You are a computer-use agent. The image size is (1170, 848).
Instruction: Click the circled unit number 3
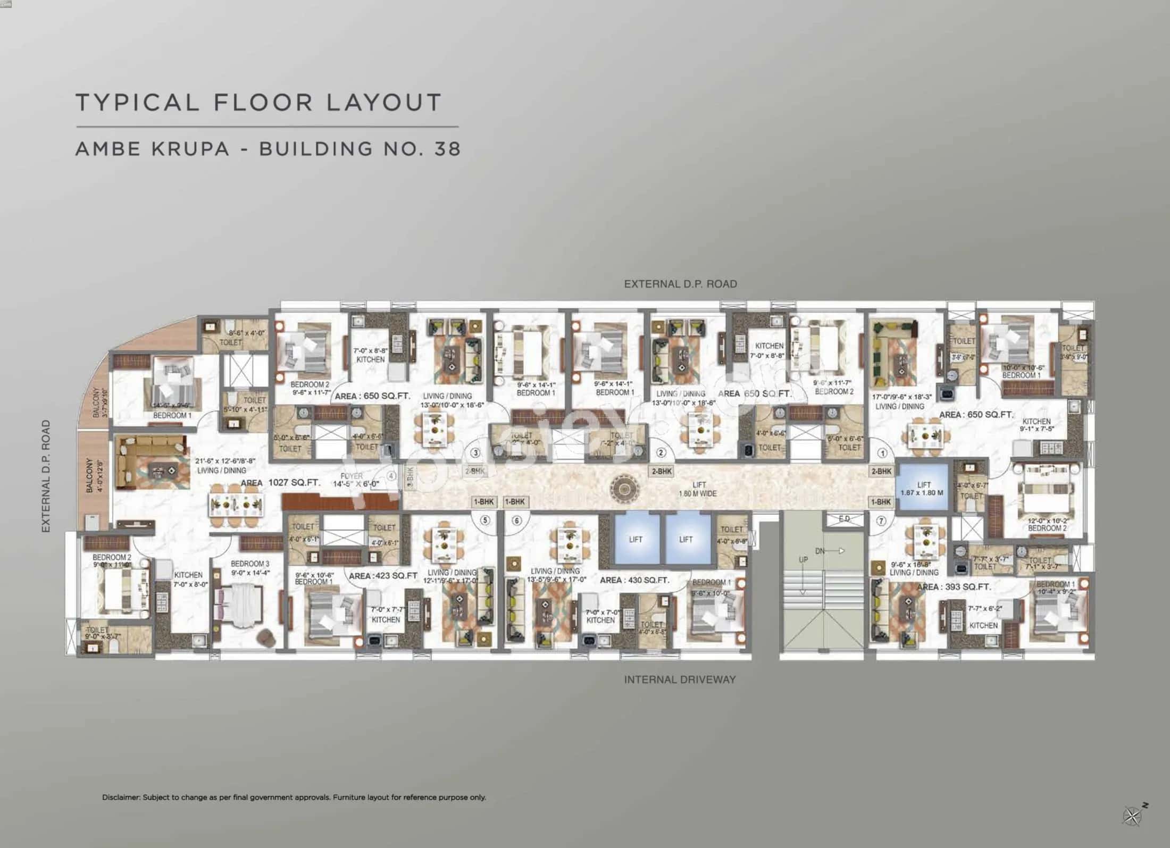[x=475, y=453]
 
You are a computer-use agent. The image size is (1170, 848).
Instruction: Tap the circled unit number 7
[x=881, y=521]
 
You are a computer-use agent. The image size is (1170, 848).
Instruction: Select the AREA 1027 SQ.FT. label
[x=280, y=483]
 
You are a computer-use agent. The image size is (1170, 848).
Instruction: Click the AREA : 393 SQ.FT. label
[x=954, y=587]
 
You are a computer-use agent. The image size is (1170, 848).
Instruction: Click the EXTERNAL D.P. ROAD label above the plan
[x=680, y=284]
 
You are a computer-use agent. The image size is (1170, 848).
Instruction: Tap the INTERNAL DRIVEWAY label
[x=680, y=679]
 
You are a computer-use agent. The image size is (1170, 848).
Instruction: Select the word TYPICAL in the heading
[x=138, y=102]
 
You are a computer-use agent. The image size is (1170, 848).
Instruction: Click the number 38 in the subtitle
[x=447, y=148]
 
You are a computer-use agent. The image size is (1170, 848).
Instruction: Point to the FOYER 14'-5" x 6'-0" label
[x=355, y=480]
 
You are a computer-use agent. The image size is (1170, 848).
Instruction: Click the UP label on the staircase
[x=803, y=560]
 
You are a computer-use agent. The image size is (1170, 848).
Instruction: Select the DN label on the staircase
[x=820, y=551]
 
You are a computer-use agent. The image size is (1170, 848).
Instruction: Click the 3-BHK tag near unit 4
[x=410, y=475]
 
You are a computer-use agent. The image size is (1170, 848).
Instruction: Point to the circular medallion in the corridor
[x=624, y=488]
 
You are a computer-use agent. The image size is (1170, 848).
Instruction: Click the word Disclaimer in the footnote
[x=121, y=797]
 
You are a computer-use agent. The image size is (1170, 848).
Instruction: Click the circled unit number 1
[x=883, y=453]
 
